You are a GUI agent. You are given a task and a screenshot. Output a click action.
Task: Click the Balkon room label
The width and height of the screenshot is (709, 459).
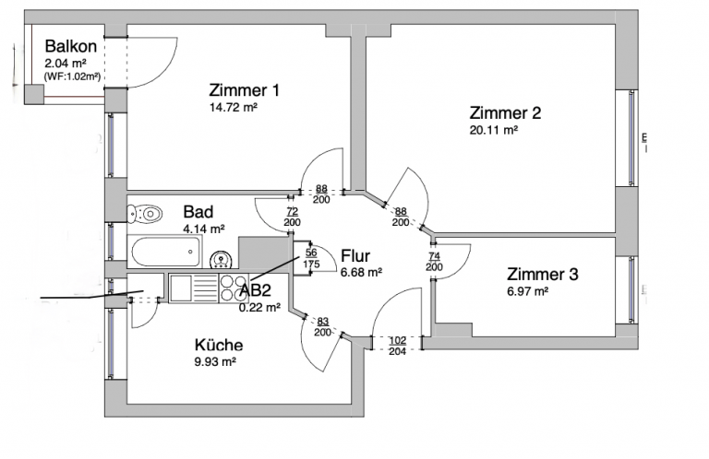point(72,46)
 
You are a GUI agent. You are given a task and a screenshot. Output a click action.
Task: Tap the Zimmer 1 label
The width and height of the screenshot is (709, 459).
point(244,90)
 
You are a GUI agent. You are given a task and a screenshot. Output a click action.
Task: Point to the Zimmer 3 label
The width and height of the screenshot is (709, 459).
point(542,274)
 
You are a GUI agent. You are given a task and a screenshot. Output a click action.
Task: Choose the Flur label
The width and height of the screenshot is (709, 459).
point(355,255)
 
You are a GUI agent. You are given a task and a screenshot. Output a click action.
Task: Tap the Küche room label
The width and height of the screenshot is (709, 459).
point(219,345)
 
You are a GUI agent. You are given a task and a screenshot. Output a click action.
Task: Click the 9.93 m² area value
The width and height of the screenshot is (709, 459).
point(215,362)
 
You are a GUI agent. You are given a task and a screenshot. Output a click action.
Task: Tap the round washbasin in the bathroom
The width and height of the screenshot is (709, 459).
point(221,259)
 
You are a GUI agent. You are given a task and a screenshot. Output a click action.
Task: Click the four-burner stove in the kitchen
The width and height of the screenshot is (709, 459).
point(234,288)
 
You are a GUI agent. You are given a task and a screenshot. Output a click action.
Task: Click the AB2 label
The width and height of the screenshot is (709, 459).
point(256,290)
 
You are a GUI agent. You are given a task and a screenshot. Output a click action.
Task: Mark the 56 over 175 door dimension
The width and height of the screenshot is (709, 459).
point(311,259)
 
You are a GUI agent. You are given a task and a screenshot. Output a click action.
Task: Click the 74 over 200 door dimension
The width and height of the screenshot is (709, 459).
point(435,261)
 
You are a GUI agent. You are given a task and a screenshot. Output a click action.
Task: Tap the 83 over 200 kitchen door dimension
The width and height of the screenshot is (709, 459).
point(322,325)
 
